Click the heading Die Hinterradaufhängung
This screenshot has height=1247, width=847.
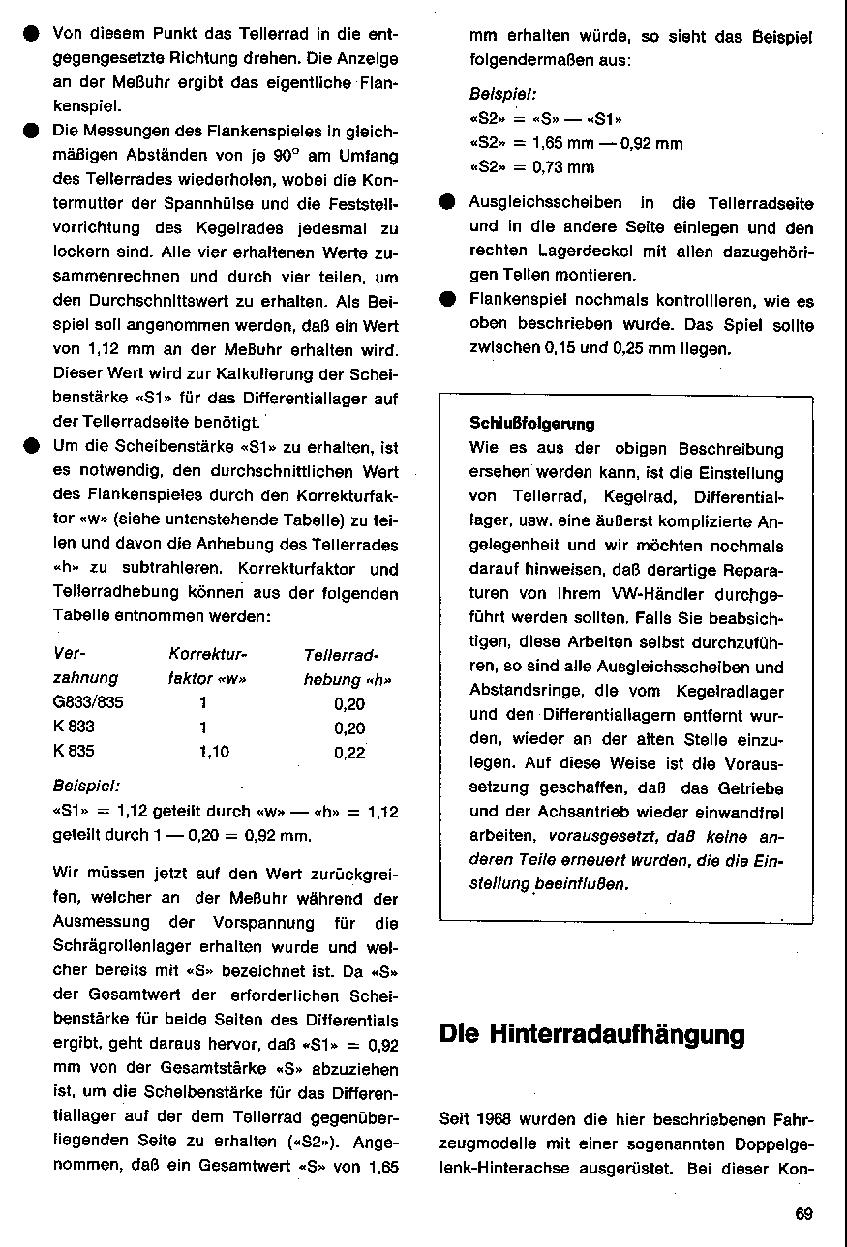tap(592, 1034)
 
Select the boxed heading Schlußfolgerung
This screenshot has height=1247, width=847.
tap(532, 423)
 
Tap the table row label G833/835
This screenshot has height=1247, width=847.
tap(88, 703)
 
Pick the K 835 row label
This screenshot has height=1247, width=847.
tap(74, 750)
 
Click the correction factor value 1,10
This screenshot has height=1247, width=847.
tap(214, 751)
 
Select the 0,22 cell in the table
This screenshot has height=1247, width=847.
tap(349, 752)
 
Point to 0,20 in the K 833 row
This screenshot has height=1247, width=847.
tap(349, 727)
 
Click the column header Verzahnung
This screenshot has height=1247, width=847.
tap(85, 666)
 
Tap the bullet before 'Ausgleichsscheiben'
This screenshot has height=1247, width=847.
tap(447, 204)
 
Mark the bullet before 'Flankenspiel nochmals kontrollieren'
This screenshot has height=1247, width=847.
tap(447, 299)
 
